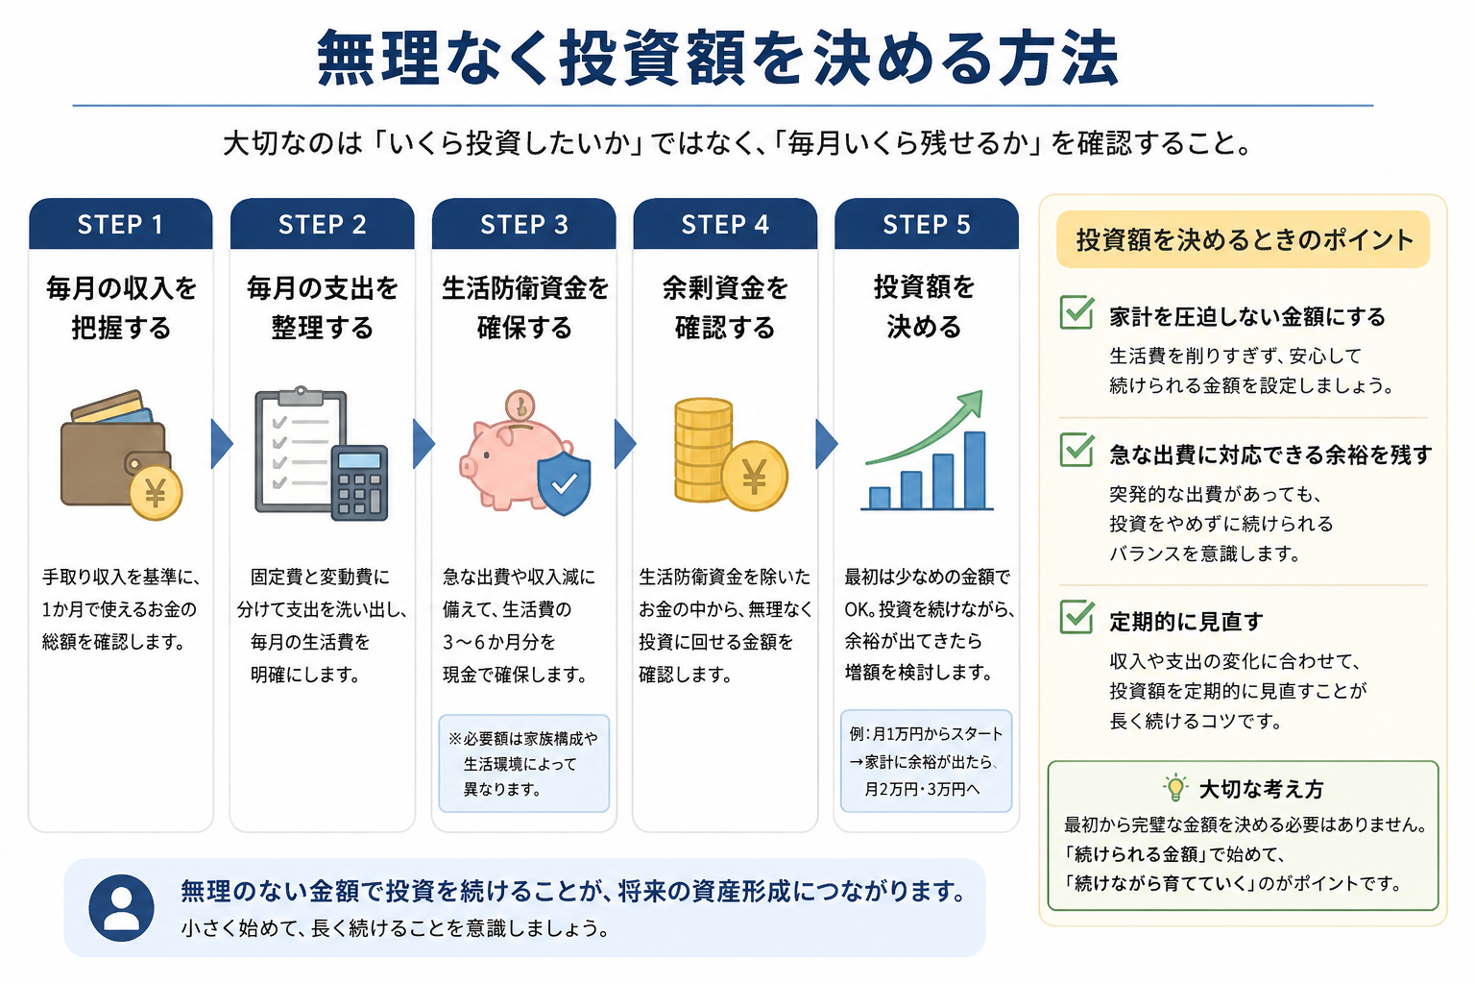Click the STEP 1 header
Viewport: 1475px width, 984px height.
tap(120, 224)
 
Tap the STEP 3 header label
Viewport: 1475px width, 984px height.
tap(524, 224)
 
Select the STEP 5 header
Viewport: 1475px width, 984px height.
tap(927, 224)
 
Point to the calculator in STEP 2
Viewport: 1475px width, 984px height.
tap(359, 483)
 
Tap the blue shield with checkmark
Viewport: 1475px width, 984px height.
tap(564, 482)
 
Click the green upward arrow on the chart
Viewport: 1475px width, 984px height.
tap(929, 430)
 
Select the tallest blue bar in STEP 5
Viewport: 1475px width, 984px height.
tap(975, 470)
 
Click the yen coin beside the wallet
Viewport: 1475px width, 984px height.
tap(156, 493)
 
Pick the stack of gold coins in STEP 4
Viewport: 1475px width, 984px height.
tap(703, 450)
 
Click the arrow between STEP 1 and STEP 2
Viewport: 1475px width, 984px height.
tap(222, 444)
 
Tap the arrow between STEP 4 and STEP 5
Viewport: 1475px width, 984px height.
tap(827, 444)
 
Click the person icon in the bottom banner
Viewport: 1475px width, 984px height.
tap(121, 907)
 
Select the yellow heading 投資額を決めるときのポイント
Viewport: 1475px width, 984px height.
tap(1244, 239)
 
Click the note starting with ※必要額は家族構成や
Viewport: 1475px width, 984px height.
tap(524, 763)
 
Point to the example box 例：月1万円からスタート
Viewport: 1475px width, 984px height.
tap(927, 761)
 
